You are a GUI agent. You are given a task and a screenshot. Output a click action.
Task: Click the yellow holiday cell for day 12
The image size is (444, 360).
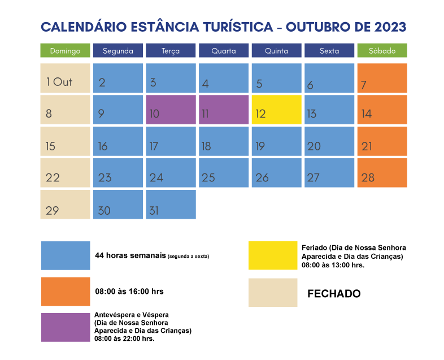coord(276,110)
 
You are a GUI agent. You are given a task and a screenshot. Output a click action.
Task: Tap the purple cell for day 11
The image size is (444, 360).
coord(223,110)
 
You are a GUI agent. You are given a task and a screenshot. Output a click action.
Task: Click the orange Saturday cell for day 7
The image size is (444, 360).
coord(382,78)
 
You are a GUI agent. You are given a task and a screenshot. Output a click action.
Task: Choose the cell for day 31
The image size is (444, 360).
coord(171,205)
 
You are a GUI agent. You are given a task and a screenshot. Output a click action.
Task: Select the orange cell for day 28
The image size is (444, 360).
coord(382,173)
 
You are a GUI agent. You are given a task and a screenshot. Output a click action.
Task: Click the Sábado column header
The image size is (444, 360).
coord(382,51)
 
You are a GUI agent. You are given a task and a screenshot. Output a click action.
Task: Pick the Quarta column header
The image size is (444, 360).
coord(223,51)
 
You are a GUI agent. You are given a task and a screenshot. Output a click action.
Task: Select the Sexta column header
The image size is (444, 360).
coord(329,51)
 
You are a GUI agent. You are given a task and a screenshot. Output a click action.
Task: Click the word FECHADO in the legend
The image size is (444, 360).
coord(333,294)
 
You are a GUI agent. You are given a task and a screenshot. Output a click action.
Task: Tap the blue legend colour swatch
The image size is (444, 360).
coord(65,256)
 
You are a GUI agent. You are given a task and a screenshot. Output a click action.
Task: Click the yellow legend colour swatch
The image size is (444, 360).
coord(272,256)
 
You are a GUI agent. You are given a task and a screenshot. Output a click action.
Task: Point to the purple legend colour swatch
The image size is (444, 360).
coord(65,327)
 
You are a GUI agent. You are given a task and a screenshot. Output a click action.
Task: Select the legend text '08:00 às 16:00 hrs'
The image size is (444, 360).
coord(129,292)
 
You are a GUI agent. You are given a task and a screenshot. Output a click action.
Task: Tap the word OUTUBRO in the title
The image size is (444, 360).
coord(317,27)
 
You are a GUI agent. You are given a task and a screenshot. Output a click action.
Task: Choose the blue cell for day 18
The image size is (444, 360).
coord(223,141)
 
